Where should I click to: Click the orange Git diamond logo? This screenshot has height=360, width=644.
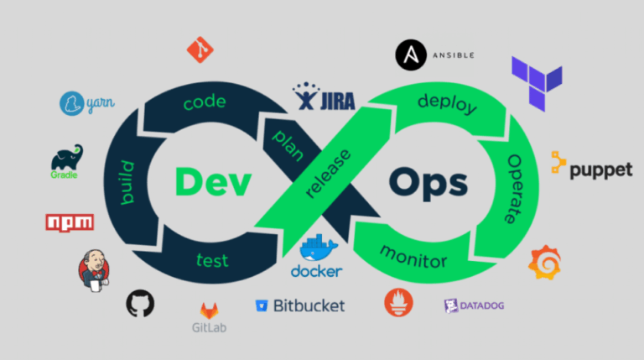point(200,50)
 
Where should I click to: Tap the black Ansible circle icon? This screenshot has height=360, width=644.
point(411,55)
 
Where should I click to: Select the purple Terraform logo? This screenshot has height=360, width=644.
point(537,83)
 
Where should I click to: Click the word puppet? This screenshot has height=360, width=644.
point(601,170)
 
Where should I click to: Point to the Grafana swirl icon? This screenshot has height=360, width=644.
point(544,263)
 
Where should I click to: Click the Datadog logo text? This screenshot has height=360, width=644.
point(482,305)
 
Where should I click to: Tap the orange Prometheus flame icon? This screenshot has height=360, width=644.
point(398,302)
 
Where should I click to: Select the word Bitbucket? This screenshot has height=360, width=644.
point(309,305)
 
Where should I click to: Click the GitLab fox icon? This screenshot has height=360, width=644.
point(209,311)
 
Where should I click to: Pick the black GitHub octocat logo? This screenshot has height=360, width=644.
point(140,303)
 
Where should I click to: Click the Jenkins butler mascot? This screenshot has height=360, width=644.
point(94,270)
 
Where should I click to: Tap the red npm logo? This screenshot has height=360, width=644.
point(70,222)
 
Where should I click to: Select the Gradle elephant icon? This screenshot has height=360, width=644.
point(67,157)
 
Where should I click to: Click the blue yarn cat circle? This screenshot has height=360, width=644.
point(72,103)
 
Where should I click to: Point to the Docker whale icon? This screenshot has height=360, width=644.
point(319,248)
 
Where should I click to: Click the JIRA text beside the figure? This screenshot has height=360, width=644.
point(338,102)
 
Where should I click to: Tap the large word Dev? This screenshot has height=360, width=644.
point(213,181)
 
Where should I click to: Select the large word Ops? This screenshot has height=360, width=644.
point(428,184)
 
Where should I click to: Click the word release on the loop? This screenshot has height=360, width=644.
point(328,174)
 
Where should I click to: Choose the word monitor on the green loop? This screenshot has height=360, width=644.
point(413,258)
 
